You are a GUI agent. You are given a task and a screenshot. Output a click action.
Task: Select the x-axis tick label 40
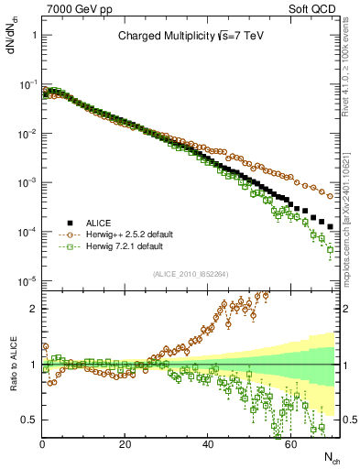pos(208,443)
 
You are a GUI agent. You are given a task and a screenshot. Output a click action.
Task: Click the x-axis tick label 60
pos(290,443)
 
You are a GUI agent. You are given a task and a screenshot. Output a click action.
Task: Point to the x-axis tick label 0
pos(42,443)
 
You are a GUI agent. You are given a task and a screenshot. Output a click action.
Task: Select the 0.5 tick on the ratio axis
pos(30,420)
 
